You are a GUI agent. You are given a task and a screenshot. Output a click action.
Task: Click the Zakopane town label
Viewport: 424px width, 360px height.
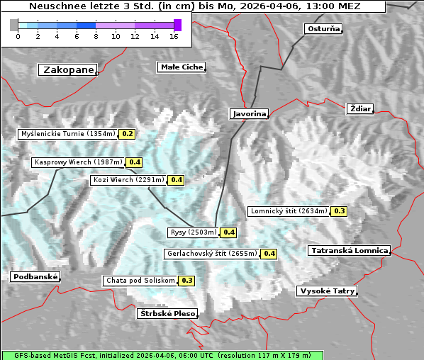coord(68,69)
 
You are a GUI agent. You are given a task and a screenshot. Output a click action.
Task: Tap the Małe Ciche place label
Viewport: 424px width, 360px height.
coord(181,67)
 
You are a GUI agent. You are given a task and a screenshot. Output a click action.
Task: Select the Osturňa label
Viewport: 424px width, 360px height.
coord(323,29)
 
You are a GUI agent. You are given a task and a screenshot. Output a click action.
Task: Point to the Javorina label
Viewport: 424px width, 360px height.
coord(249,113)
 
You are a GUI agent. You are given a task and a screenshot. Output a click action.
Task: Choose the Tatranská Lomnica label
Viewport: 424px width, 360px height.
coord(349,251)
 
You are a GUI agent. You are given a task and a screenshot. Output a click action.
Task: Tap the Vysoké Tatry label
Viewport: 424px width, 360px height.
coord(327,291)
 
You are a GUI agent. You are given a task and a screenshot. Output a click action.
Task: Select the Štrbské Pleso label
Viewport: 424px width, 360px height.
coord(167,313)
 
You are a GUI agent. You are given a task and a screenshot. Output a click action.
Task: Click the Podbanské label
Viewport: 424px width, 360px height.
coord(35,277)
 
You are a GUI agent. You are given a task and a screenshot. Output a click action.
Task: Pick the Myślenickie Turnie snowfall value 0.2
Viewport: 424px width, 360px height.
coord(128,133)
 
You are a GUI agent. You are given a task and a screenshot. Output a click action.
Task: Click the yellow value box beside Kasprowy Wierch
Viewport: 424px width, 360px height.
coord(135,162)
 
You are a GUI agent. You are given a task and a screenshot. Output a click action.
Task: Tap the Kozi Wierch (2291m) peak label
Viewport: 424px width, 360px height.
coord(128,180)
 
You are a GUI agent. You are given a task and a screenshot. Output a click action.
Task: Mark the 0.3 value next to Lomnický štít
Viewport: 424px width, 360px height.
coord(340,211)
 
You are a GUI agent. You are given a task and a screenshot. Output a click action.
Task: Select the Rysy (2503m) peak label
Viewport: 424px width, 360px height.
coord(192,232)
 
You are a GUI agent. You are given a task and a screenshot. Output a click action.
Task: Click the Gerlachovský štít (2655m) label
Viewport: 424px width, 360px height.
coord(211,254)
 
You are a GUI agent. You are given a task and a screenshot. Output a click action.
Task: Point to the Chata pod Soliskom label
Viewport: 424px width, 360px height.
coord(139,281)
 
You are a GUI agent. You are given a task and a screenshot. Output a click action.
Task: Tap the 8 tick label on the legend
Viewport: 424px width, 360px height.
coord(96,36)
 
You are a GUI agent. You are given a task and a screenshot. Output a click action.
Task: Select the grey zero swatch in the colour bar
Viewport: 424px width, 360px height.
coord(13,25)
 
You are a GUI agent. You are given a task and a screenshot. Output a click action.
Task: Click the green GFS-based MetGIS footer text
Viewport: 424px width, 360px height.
coord(162,355)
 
